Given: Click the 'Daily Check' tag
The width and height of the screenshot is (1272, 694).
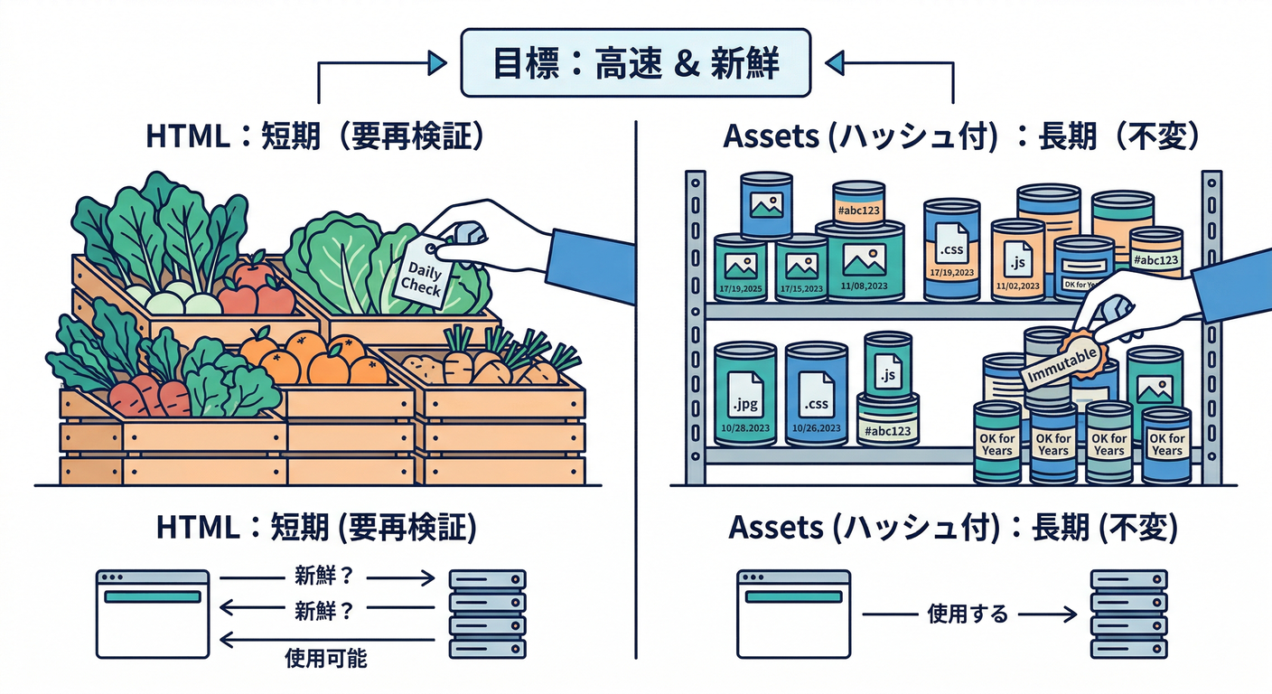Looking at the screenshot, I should pyautogui.click(x=422, y=276).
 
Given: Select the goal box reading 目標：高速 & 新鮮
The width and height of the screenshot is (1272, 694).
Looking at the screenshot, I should pyautogui.click(x=635, y=63).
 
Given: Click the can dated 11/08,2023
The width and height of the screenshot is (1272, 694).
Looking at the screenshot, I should pyautogui.click(x=860, y=262).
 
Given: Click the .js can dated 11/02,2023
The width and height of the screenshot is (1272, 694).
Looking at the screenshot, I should pyautogui.click(x=1017, y=262).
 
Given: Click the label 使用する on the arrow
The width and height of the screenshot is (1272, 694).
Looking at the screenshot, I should pyautogui.click(x=968, y=614).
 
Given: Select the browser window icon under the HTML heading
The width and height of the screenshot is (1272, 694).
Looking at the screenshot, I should pyautogui.click(x=153, y=614).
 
